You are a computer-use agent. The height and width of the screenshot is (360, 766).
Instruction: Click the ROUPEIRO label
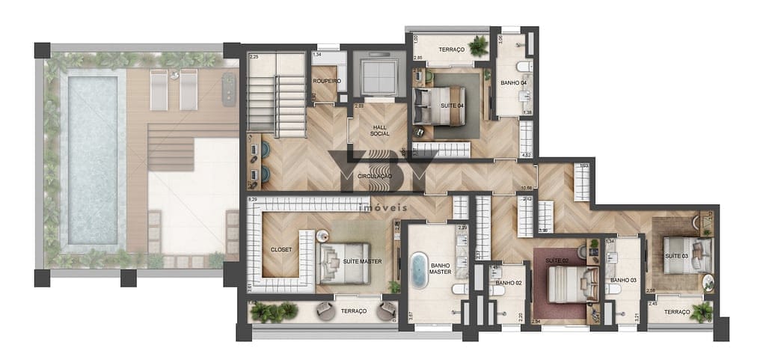click(x=326, y=81)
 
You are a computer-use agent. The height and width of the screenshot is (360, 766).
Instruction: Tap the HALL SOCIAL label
click(x=379, y=130)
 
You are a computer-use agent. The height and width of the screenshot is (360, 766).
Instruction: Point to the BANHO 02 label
click(x=508, y=283)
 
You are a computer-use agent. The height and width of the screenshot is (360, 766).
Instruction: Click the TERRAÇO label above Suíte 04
click(x=452, y=49)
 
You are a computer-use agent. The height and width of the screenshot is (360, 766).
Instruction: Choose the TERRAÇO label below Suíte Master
click(x=354, y=311)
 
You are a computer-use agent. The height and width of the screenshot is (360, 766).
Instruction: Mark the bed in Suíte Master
click(x=346, y=262)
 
